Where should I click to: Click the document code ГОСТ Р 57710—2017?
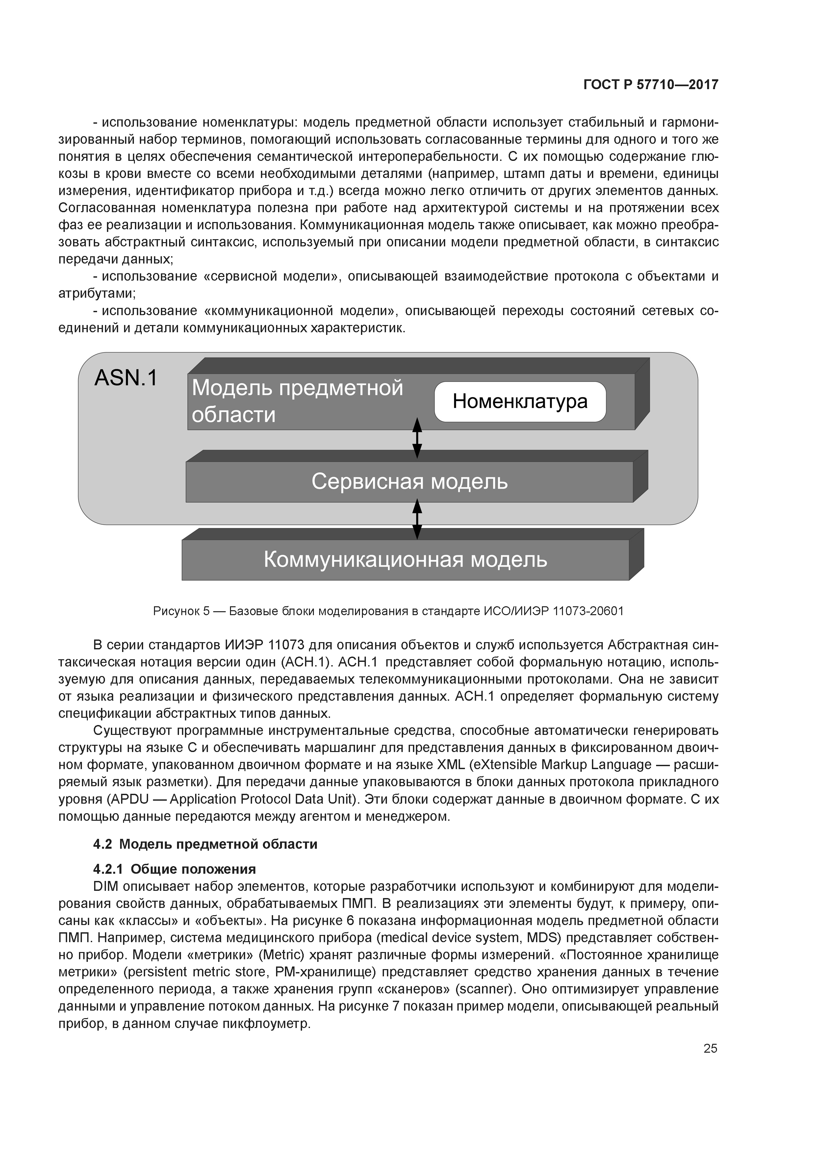point(650,85)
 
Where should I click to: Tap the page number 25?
point(710,1048)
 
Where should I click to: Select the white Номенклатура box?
point(520,402)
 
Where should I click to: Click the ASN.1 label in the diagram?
point(126,378)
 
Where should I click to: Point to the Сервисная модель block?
point(409,482)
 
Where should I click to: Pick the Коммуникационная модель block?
point(405,560)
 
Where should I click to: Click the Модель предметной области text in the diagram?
point(297,401)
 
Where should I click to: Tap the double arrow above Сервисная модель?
point(417,439)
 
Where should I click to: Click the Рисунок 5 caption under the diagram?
point(388,611)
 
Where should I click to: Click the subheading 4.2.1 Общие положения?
point(174,869)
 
